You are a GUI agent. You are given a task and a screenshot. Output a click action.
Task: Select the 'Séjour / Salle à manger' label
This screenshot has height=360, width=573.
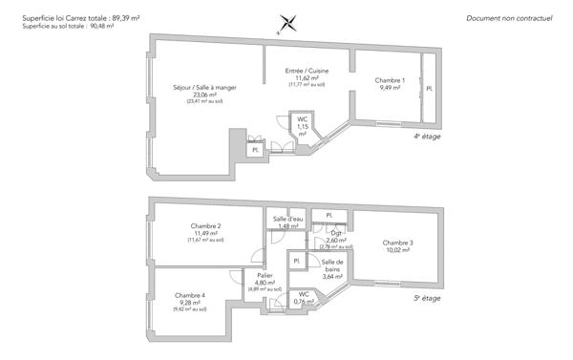coord(204,88)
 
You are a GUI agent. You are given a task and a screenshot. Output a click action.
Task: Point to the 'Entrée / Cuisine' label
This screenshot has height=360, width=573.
coord(308,71)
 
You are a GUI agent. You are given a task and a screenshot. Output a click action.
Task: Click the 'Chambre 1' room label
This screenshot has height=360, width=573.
coord(391,79)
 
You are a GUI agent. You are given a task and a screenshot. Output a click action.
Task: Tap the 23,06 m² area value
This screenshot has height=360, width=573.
coord(204,95)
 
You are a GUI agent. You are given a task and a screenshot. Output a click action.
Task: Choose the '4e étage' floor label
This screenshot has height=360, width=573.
coord(427,137)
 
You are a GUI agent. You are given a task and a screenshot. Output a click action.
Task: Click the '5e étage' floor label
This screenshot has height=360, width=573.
coord(427,297)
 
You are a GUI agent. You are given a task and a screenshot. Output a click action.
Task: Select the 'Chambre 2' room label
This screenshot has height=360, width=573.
coord(205,226)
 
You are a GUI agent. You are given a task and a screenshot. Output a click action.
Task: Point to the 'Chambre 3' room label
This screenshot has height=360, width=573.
coord(397,243)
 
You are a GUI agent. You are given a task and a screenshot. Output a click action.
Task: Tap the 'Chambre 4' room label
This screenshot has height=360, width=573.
coord(190,295)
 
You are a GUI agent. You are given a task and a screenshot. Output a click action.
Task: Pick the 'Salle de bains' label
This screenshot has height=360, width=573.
coord(332,265)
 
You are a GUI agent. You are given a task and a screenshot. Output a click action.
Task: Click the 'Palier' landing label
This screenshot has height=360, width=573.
coord(265,274)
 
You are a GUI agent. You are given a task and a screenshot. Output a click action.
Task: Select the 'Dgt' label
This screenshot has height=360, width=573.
coord(336,233)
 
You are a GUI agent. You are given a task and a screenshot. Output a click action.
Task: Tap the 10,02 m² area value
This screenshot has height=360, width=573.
coord(397,250)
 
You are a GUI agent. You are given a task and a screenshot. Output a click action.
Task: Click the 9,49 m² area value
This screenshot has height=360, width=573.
coord(391,87)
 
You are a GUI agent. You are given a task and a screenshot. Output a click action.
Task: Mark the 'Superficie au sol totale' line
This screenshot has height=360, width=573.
coord(66,26)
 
